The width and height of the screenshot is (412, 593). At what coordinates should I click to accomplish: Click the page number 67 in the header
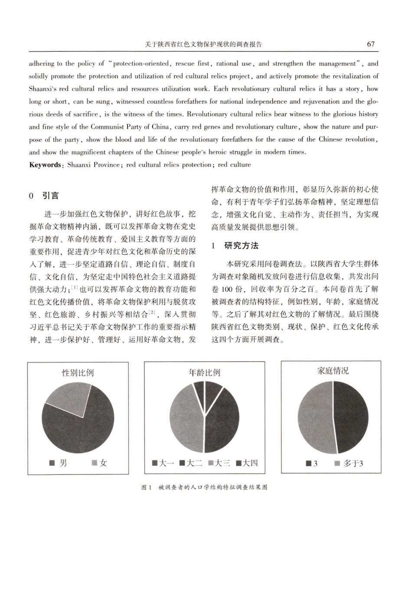click(370, 44)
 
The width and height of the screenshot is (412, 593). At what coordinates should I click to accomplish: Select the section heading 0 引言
click(44, 196)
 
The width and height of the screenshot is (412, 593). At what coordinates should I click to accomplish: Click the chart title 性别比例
click(78, 372)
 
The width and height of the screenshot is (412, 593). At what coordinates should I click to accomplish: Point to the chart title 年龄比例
click(204, 372)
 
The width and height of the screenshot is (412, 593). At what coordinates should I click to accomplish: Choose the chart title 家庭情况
click(333, 371)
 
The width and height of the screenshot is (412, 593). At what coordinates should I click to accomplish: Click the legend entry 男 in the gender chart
click(59, 463)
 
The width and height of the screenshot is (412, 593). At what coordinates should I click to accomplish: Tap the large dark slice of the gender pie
click(82, 430)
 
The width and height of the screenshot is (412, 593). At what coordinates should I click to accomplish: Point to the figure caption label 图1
click(146, 488)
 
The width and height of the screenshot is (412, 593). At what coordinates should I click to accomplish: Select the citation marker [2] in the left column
click(152, 312)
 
